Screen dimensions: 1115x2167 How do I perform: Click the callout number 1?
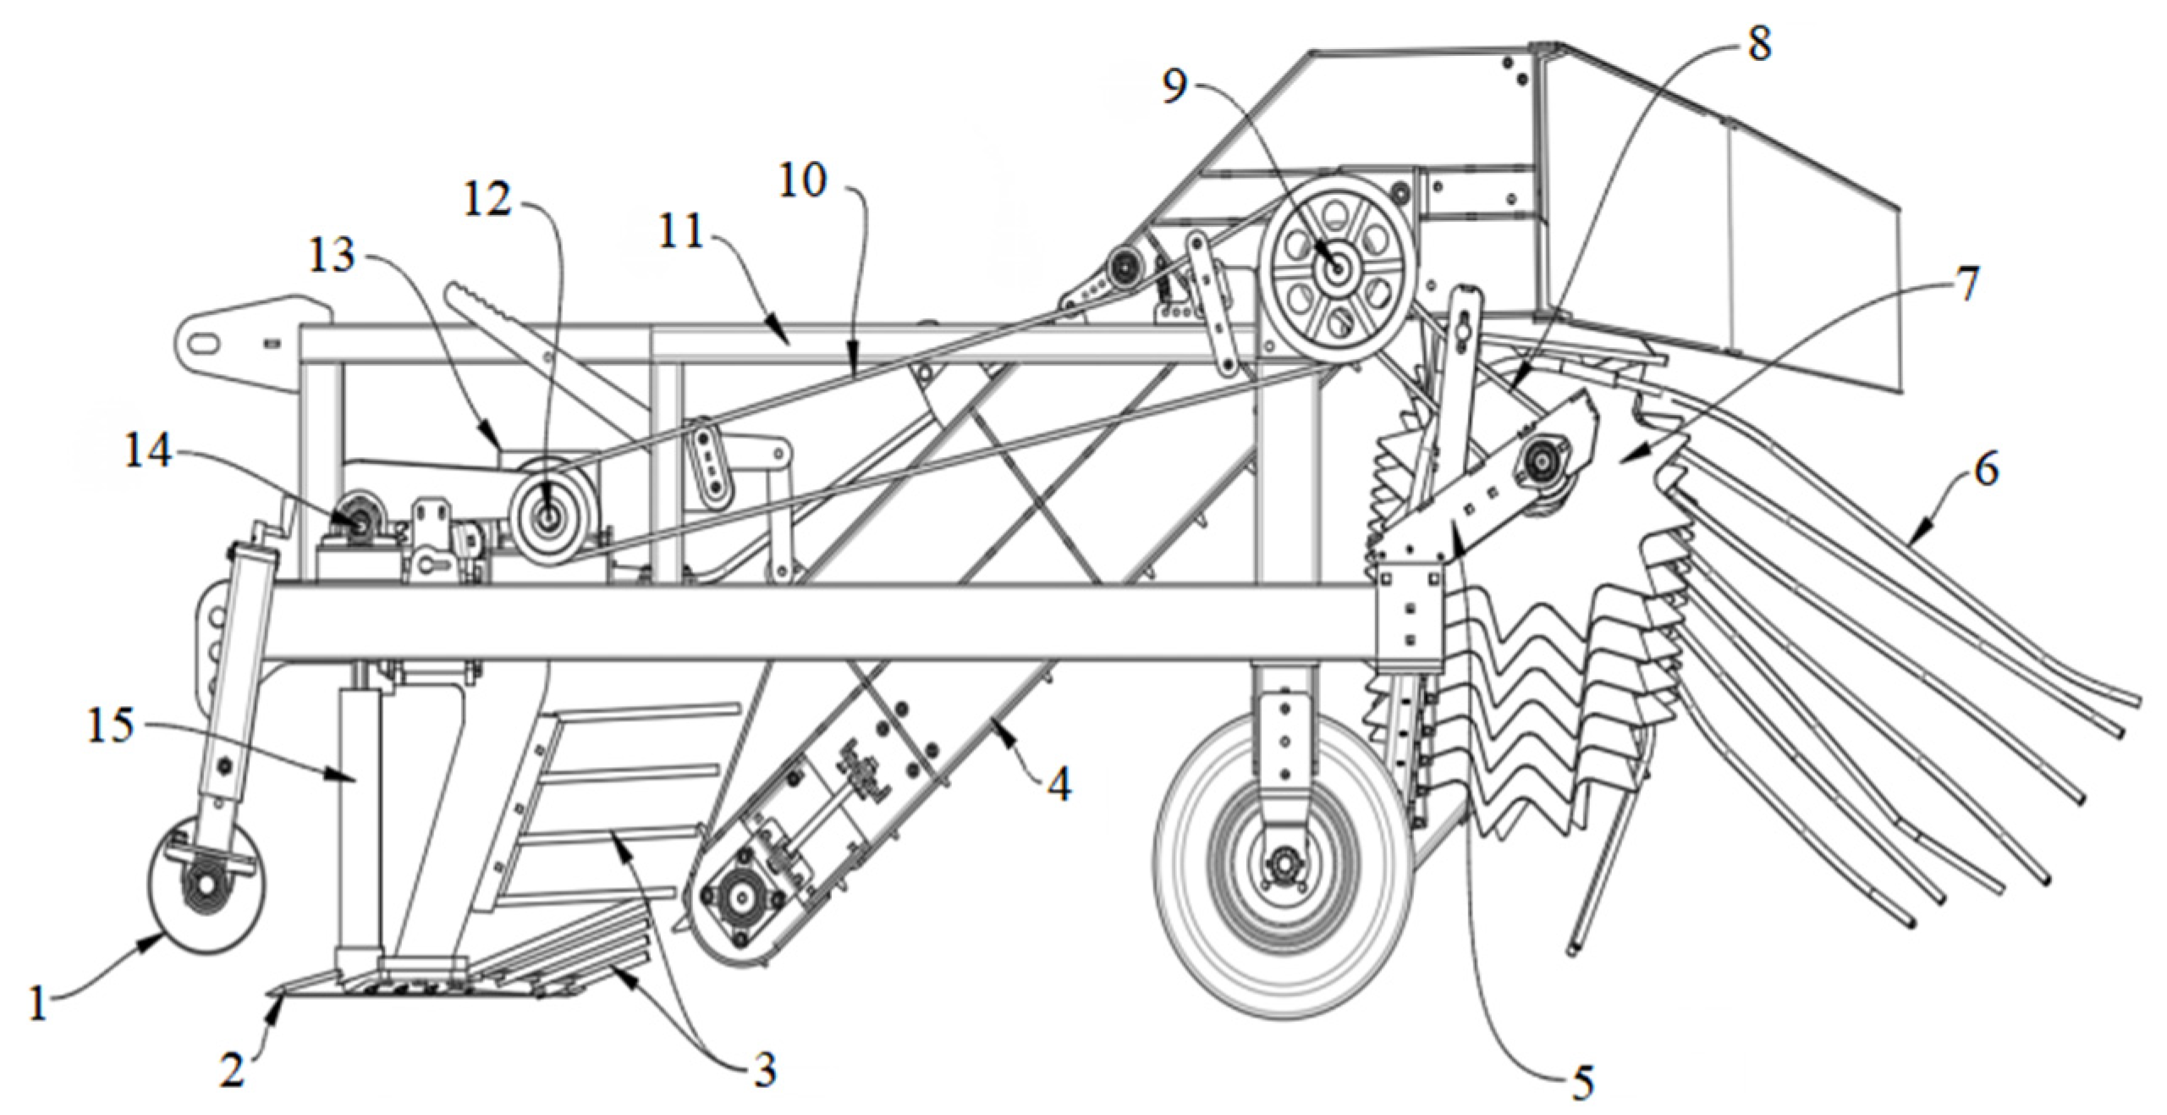pyautogui.click(x=36, y=1006)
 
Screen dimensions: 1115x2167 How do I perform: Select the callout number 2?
pyautogui.click(x=232, y=1069)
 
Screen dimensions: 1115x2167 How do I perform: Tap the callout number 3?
pyautogui.click(x=765, y=1070)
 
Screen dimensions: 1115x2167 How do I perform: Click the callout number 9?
pyautogui.click(x=1174, y=86)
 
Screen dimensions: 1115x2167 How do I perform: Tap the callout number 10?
pyautogui.click(x=802, y=180)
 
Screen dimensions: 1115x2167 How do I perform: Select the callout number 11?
pyautogui.click(x=681, y=232)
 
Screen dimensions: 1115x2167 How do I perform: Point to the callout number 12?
pyautogui.click(x=488, y=200)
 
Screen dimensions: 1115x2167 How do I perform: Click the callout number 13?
pyautogui.click(x=331, y=254)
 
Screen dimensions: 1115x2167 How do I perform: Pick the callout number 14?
pyautogui.click(x=148, y=452)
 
